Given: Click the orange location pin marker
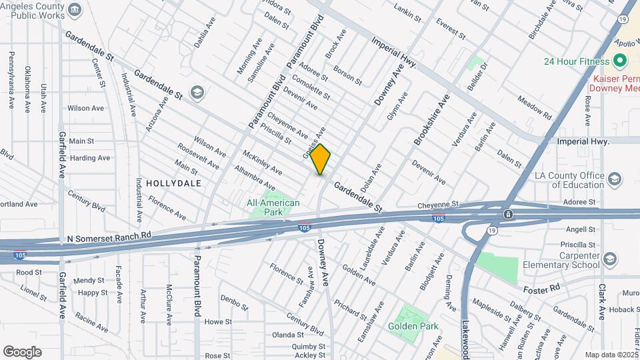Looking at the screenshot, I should [x=321, y=159].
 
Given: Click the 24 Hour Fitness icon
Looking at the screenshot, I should [x=621, y=61].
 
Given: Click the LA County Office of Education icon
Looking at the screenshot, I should [x=614, y=179].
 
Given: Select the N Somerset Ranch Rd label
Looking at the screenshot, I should [x=109, y=237].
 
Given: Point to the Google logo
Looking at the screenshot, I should [x=22, y=351].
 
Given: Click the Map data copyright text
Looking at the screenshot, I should [x=609, y=355].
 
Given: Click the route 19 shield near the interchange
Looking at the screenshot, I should [x=491, y=230].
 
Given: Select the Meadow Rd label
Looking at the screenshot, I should [x=535, y=107].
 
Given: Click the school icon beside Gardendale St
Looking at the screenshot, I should [x=197, y=92].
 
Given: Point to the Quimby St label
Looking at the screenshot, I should [x=309, y=346].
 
